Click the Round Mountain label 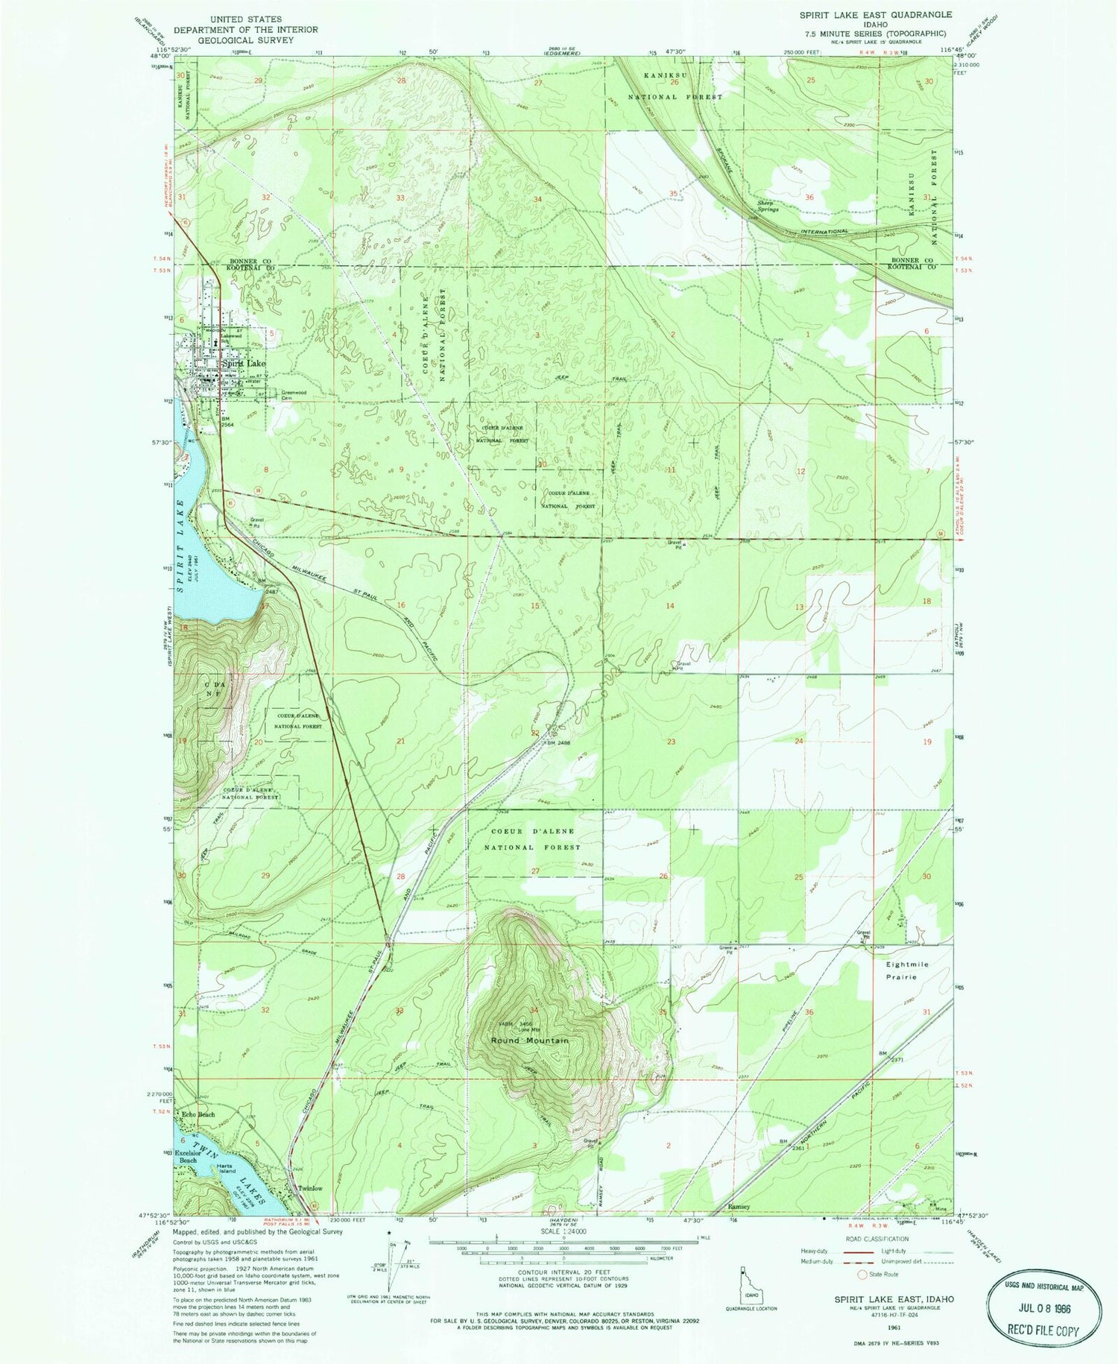point(529,1040)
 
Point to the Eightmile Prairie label point(906,970)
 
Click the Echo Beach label point(199,1115)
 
